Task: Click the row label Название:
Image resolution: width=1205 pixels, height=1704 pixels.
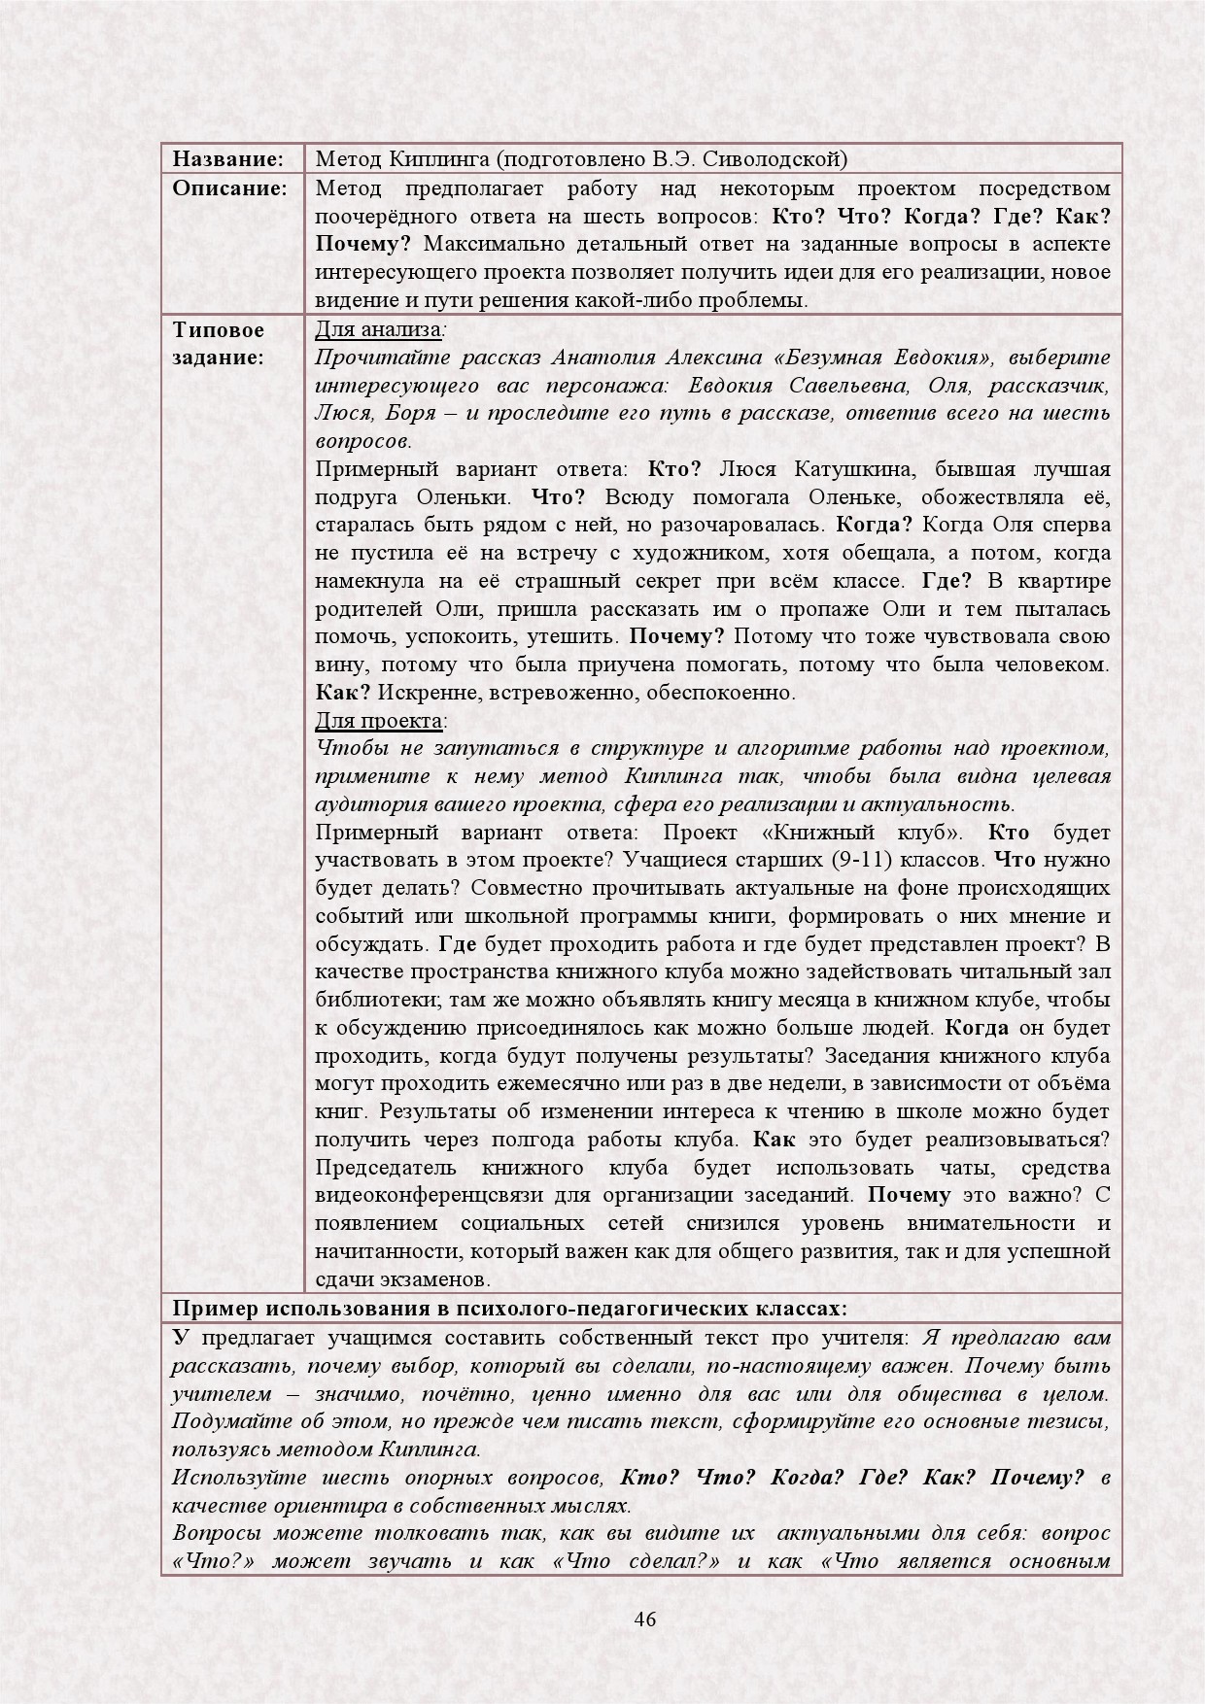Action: pos(227,159)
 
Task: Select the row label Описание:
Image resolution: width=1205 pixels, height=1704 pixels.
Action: pos(229,187)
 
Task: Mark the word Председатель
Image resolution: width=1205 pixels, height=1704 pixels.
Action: pos(388,1167)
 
